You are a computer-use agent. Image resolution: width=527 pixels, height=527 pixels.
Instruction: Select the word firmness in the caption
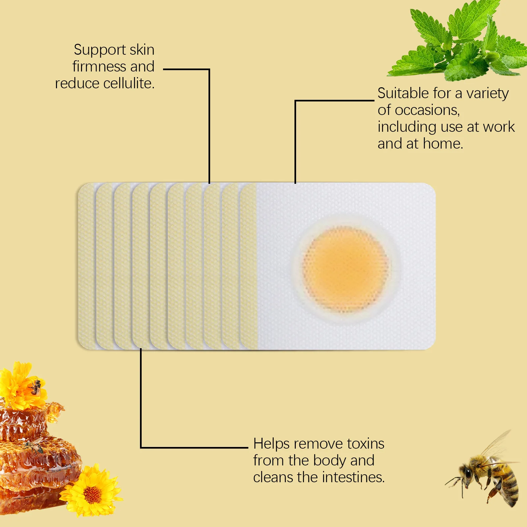pos(99,67)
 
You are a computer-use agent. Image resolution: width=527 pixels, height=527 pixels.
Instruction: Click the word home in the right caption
pos(443,144)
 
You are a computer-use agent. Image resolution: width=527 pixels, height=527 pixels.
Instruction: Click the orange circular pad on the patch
pos(345,268)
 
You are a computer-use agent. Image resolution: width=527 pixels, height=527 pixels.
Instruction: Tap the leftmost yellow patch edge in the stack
pos(87,266)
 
